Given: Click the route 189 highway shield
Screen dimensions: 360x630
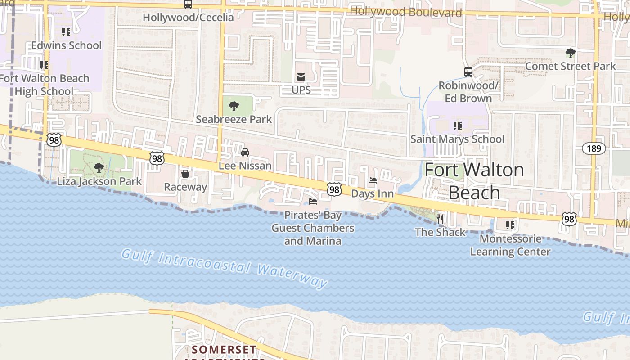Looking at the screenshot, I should pos(594,148).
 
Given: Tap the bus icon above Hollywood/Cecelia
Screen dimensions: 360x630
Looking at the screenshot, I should pos(188,4).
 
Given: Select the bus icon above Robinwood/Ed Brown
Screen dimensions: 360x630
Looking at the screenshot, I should pos(468,72).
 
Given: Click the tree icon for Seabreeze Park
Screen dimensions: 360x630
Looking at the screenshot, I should pos(234,106).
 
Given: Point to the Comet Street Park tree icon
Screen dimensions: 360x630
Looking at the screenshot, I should pos(570,53).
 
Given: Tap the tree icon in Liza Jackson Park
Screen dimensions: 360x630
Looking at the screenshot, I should pos(99,168).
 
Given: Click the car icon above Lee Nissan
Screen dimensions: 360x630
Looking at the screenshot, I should pos(245,153).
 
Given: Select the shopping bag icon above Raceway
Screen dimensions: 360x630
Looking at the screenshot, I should pos(185,174).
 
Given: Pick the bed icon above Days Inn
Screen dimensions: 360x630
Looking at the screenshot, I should pos(373,180).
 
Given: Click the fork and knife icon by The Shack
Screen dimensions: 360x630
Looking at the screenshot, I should pos(440,219).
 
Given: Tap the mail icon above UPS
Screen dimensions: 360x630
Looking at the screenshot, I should pos(301,77).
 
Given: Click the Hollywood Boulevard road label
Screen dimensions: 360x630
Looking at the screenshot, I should pos(405,12).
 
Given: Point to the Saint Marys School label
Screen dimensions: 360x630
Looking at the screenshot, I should pos(457,139).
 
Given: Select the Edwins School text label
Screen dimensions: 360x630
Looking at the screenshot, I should pos(67,45).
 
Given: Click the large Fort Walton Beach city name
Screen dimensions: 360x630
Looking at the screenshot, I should pos(474,181).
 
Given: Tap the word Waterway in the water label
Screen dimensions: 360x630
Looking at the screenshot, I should pos(292,275).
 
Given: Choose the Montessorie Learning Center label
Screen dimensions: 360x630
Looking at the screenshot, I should pos(510,245).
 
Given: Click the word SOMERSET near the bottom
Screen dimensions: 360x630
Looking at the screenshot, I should pos(224,349).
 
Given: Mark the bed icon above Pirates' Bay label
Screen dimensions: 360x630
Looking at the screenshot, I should pos(312,201).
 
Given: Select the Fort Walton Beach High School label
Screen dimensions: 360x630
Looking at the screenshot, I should pos(44,85).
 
